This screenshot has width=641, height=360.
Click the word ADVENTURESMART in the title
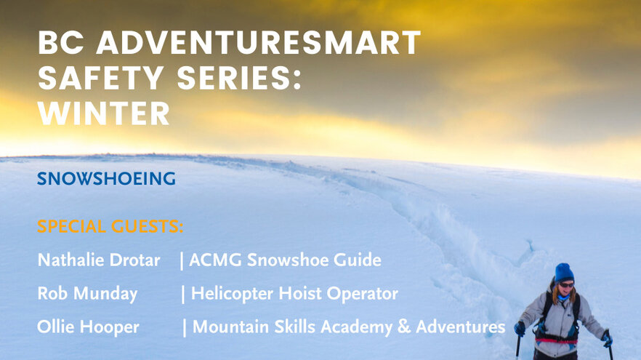click(x=259, y=42)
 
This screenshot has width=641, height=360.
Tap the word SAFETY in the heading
click(x=100, y=78)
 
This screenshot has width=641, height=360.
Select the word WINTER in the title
click(x=103, y=113)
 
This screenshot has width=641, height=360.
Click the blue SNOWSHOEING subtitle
click(x=106, y=178)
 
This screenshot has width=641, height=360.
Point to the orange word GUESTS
click(x=147, y=226)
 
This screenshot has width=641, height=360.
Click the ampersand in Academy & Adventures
click(x=403, y=327)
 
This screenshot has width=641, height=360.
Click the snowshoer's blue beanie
click(x=564, y=273)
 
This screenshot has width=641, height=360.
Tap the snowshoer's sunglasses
click(x=567, y=284)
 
